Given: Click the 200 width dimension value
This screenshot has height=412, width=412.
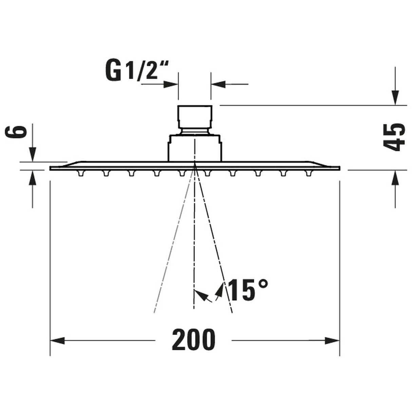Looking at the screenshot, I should (x=193, y=340).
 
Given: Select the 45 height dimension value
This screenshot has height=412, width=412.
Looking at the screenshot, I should (x=394, y=136).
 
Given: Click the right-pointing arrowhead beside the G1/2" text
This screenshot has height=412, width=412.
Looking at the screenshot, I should (x=171, y=84).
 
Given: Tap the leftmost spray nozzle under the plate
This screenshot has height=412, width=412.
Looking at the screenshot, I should (x=81, y=174).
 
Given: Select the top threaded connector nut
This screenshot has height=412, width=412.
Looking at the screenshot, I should (x=195, y=117).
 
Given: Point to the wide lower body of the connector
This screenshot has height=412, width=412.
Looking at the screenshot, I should (x=195, y=148).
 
